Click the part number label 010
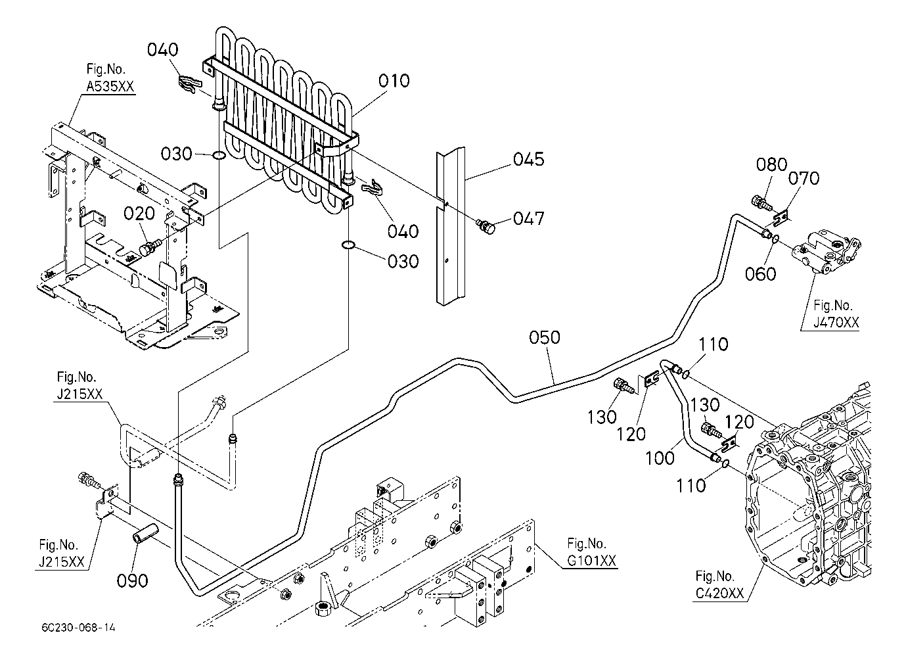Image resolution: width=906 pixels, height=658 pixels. click(394, 81)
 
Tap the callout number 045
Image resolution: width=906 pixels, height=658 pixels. click(529, 159)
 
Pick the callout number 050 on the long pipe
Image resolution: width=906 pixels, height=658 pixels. click(545, 337)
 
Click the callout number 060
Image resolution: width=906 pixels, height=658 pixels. click(761, 273)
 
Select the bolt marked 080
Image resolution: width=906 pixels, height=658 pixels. click(758, 202)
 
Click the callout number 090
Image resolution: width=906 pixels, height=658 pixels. click(133, 580)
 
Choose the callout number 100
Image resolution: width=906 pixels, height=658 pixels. click(660, 458)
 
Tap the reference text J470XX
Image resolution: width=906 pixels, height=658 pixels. click(832, 322)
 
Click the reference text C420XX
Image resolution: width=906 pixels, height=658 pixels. click(720, 594)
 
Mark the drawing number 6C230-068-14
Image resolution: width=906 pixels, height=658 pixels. click(77, 628)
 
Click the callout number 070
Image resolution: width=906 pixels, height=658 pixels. click(804, 177)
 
